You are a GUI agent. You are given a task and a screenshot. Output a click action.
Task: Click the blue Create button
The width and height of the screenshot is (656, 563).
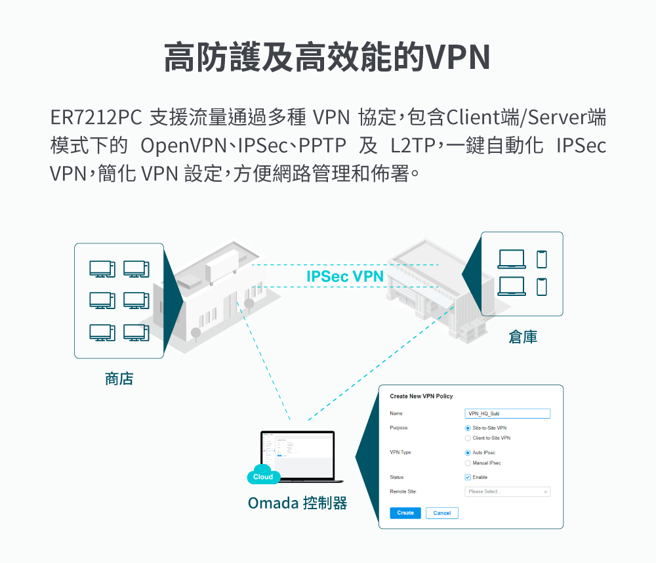click(405, 512)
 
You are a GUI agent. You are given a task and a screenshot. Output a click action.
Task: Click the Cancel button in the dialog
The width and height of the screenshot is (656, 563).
click(441, 513)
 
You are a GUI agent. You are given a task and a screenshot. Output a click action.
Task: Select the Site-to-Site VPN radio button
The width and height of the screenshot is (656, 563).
click(468, 428)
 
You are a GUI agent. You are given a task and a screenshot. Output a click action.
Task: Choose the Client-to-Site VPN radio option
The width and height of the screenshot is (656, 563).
click(468, 438)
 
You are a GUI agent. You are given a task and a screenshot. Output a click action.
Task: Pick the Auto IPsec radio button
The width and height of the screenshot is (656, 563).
click(468, 453)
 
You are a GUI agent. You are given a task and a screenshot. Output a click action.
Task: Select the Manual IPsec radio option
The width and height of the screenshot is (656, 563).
click(468, 463)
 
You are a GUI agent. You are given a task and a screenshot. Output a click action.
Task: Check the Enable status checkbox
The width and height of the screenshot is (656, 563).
click(468, 477)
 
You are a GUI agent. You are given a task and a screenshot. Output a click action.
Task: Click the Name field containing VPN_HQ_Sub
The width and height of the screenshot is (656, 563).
click(507, 413)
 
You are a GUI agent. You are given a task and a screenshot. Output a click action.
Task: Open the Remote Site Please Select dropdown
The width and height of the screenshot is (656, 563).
click(507, 491)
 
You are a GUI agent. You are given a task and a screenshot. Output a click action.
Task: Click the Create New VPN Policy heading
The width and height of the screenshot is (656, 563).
click(421, 396)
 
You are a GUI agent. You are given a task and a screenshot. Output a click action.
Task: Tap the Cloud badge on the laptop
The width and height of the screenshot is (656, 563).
click(263, 477)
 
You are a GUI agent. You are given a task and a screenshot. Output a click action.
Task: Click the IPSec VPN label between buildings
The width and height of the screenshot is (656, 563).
click(344, 276)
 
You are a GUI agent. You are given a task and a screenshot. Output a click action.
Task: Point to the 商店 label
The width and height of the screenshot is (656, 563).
click(119, 379)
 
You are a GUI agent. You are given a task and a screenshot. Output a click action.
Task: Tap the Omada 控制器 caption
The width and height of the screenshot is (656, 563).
click(297, 503)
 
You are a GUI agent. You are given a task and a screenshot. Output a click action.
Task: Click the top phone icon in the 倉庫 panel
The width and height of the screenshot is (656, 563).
click(541, 259)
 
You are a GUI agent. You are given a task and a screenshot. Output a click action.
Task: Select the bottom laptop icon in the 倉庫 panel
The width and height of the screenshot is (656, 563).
click(512, 287)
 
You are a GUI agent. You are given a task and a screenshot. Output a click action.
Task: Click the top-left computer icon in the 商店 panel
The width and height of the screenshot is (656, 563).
click(102, 269)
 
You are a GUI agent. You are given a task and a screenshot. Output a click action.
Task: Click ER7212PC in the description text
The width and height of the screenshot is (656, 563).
click(96, 118)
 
